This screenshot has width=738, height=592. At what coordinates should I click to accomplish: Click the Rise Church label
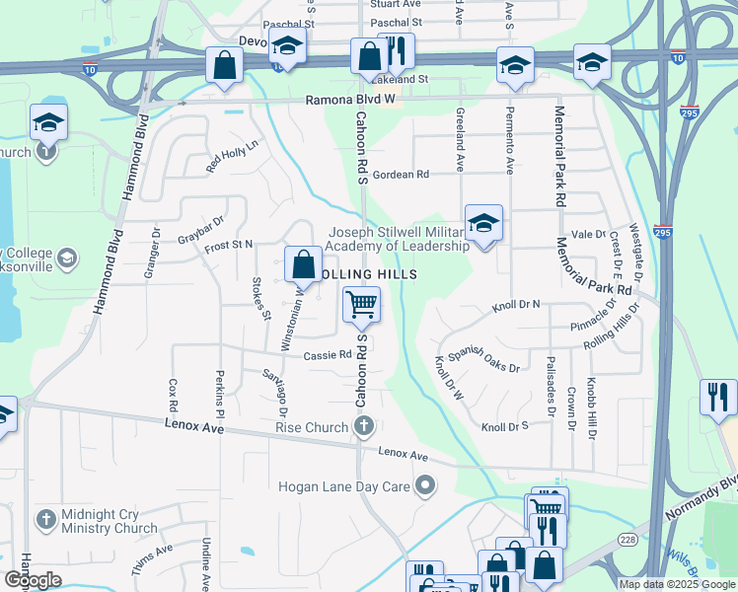pyautogui.click(x=314, y=426)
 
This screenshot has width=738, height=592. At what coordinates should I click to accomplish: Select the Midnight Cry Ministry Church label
pyautogui.click(x=109, y=522)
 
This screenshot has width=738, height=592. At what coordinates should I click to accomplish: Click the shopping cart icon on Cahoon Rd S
pyautogui.click(x=362, y=305)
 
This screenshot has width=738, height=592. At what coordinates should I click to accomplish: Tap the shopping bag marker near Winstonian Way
pyautogui.click(x=302, y=264)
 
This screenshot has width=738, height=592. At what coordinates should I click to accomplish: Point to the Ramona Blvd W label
pyautogui.click(x=349, y=100)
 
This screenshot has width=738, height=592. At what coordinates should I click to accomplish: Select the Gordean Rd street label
pyautogui.click(x=401, y=174)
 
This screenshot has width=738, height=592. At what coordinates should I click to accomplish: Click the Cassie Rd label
pyautogui.click(x=328, y=355)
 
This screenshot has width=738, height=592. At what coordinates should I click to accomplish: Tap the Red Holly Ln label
pyautogui.click(x=232, y=156)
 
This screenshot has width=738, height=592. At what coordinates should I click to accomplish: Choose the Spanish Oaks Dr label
pyautogui.click(x=483, y=362)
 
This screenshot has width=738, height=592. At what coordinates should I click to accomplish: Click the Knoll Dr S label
pyautogui.click(x=505, y=426)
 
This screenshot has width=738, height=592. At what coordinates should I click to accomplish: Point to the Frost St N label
pyautogui.click(x=229, y=244)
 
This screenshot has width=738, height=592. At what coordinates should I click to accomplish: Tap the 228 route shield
pyautogui.click(x=627, y=538)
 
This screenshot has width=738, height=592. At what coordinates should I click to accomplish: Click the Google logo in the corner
pyautogui.click(x=33, y=580)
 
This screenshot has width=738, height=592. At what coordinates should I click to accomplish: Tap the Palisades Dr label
pyautogui.click(x=549, y=383)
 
